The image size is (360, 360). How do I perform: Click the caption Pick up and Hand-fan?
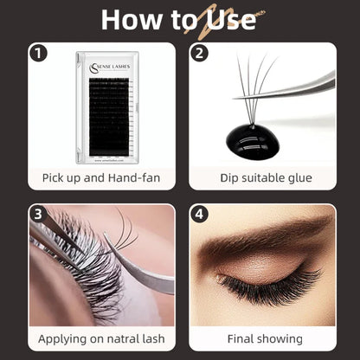click(x=100, y=179)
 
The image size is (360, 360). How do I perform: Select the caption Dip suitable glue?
click(x=262, y=179)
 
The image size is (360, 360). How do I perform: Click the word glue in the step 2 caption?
click(x=298, y=179)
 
